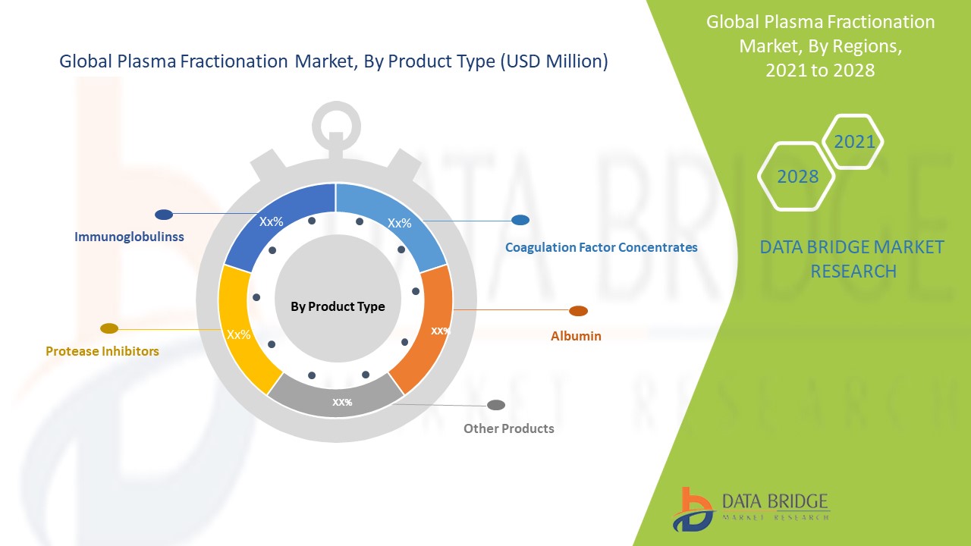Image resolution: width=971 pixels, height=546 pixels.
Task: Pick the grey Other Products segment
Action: click(x=336, y=398)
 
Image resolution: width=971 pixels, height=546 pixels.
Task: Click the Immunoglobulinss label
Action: click(x=129, y=237)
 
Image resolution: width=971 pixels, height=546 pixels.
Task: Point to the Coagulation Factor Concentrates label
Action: click(x=602, y=247)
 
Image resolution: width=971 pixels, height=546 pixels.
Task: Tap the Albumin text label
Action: click(x=576, y=336)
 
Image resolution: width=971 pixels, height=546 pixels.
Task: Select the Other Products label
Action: click(x=509, y=428)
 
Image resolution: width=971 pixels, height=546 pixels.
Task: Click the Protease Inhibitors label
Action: click(x=102, y=351)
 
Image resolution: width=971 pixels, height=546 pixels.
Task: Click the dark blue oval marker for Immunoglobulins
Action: click(x=164, y=215)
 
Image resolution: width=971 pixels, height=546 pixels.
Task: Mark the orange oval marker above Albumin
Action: click(x=578, y=311)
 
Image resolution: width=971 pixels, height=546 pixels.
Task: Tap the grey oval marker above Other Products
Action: click(x=496, y=405)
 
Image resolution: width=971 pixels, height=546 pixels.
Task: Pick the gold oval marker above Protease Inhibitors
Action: click(x=109, y=328)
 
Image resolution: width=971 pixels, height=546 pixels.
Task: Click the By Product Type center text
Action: click(x=338, y=306)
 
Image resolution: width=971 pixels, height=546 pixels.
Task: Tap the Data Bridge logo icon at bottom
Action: click(x=693, y=510)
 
